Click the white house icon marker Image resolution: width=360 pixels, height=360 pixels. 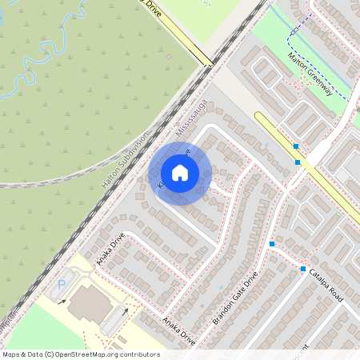(180, 172)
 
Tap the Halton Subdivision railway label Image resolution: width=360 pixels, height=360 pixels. (126, 159)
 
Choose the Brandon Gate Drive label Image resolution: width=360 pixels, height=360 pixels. (241, 302)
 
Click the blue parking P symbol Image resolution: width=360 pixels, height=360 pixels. (61, 284)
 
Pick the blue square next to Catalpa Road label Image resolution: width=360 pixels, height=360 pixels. (303, 269)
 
